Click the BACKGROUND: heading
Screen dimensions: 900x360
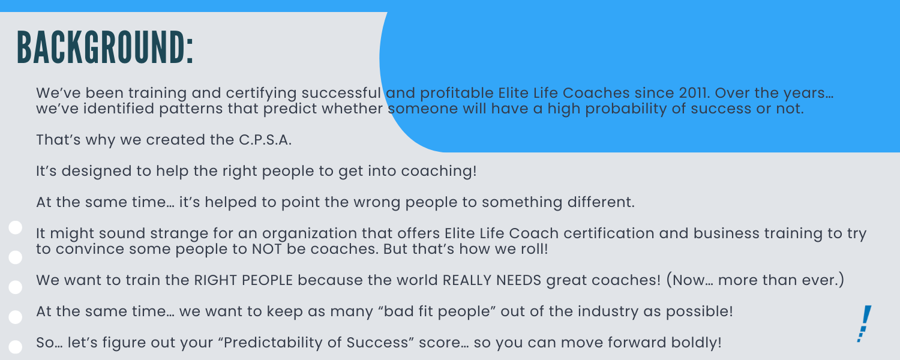[105, 47]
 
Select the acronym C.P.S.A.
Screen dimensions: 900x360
[265, 140]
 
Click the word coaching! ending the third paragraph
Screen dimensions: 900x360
[439, 172]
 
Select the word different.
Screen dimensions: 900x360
[601, 202]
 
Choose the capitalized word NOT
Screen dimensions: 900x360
[267, 249]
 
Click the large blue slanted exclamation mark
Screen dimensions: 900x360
[864, 324]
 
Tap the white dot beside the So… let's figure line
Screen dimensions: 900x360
[16, 347]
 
